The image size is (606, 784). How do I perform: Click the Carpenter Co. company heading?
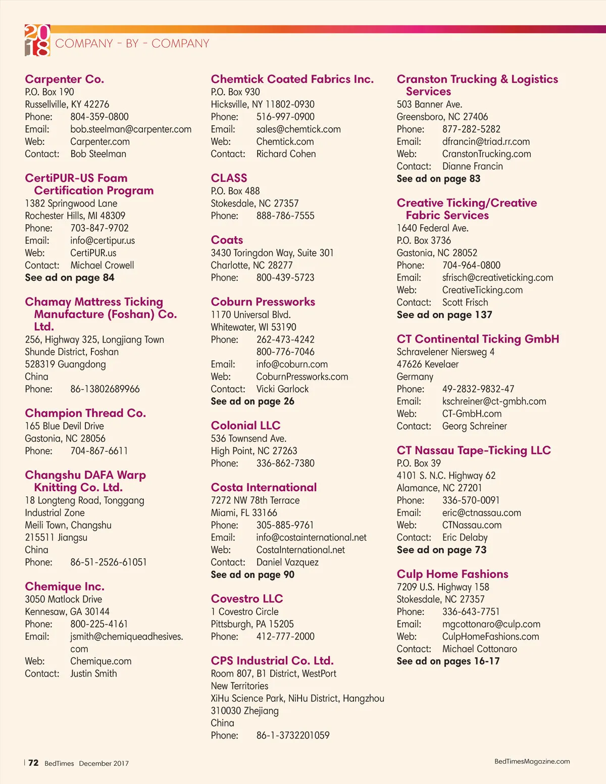[x=65, y=79]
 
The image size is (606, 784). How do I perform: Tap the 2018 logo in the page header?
[x=37, y=40]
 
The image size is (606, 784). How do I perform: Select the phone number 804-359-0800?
[x=99, y=117]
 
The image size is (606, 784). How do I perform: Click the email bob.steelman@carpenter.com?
[x=131, y=129]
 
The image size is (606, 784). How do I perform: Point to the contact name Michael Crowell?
[x=102, y=266]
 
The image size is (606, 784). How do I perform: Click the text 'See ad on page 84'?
[x=70, y=278]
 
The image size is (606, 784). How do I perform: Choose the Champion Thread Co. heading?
[x=85, y=413]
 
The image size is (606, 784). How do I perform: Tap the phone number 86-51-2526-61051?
[x=109, y=562]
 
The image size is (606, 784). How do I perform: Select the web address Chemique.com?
[x=100, y=661]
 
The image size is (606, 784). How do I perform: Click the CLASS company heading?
[x=229, y=178]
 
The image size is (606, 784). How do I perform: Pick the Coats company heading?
[x=227, y=240]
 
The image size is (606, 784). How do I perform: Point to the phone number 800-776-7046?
[x=285, y=352]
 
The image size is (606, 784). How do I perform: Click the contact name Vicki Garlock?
[x=282, y=389]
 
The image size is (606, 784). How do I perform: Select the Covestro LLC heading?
[x=247, y=599]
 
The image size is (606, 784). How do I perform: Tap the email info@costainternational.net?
[x=311, y=538]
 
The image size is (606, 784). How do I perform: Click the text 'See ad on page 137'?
[x=444, y=315]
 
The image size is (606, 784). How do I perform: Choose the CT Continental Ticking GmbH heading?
[x=478, y=339]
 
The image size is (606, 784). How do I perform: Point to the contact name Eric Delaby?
[x=465, y=538]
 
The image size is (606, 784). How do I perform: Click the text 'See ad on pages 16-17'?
[x=448, y=661]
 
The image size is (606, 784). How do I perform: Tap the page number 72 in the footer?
[x=33, y=763]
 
